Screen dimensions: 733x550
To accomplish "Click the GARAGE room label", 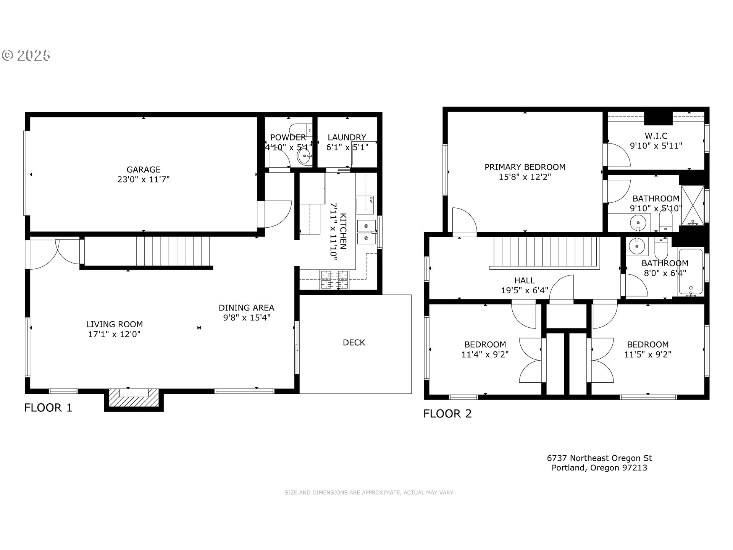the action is coord(144,170).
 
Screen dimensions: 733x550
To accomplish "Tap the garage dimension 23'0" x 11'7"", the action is coord(144,180).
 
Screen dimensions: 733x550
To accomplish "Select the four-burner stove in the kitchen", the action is coord(334,280).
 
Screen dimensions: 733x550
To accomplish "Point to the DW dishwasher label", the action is coord(370,199).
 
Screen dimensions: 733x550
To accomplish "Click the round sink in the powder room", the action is coord(304,156).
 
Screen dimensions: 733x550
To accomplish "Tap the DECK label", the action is coord(354,343).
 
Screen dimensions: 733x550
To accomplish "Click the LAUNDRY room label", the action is coord(347,137).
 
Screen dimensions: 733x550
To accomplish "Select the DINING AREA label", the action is coord(247,308).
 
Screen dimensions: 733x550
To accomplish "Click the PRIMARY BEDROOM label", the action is coord(525,167).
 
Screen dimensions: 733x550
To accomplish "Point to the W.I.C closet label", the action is coord(656,136).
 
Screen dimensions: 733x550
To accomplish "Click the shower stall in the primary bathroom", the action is coord(693,205).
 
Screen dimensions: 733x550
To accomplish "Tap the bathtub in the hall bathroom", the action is coord(691,272).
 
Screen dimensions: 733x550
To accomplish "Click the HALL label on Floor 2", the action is coord(525,281).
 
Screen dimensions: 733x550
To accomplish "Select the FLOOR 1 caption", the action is coord(48,408).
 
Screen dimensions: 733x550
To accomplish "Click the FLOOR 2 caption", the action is coord(447,414).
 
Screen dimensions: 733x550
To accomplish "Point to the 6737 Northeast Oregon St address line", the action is coord(599,458).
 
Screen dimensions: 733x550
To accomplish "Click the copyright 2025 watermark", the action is coord(26,56).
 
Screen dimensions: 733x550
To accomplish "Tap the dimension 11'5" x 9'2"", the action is coord(648,354).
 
